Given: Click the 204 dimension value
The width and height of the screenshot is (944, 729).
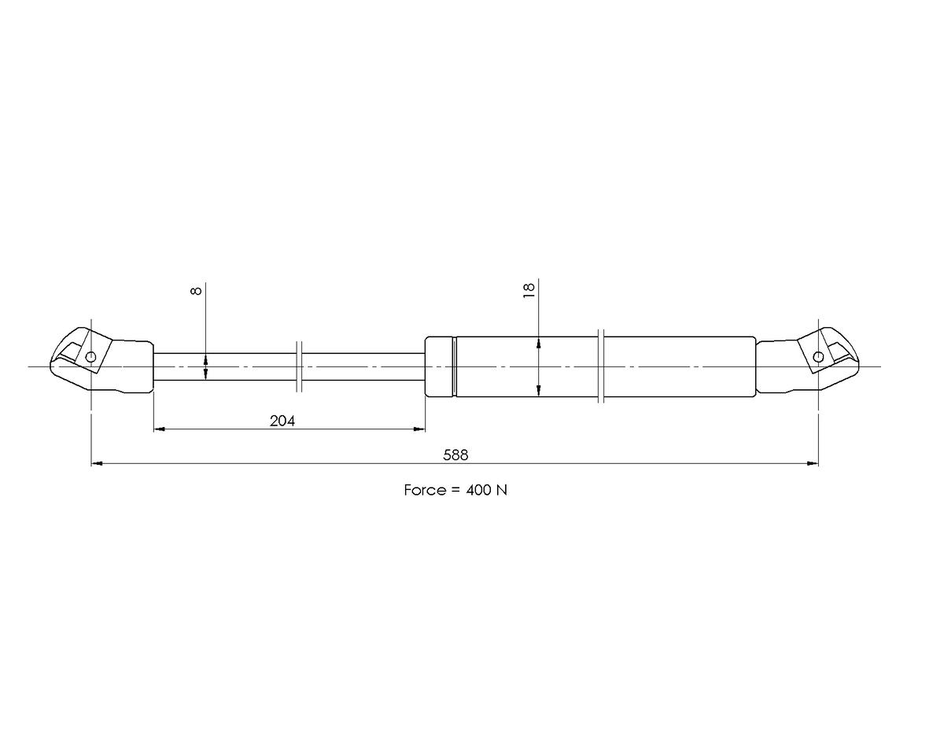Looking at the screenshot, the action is pos(282,421).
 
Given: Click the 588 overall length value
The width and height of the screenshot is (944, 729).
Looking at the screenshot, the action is pos(455,455).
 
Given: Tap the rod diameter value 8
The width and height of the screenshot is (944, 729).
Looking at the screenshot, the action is pos(197,290).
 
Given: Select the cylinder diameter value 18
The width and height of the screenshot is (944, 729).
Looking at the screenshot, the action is pos(529,290).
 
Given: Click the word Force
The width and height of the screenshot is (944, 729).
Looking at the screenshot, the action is pos(426,490).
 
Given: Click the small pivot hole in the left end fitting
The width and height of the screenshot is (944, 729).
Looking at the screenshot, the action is pos(90,357).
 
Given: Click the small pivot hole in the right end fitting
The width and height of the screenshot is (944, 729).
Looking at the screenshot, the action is pos(818,357).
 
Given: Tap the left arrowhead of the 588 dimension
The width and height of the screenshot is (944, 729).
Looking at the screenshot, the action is pos(97,464).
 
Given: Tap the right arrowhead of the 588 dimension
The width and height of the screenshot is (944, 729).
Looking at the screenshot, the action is pos(813,464).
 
